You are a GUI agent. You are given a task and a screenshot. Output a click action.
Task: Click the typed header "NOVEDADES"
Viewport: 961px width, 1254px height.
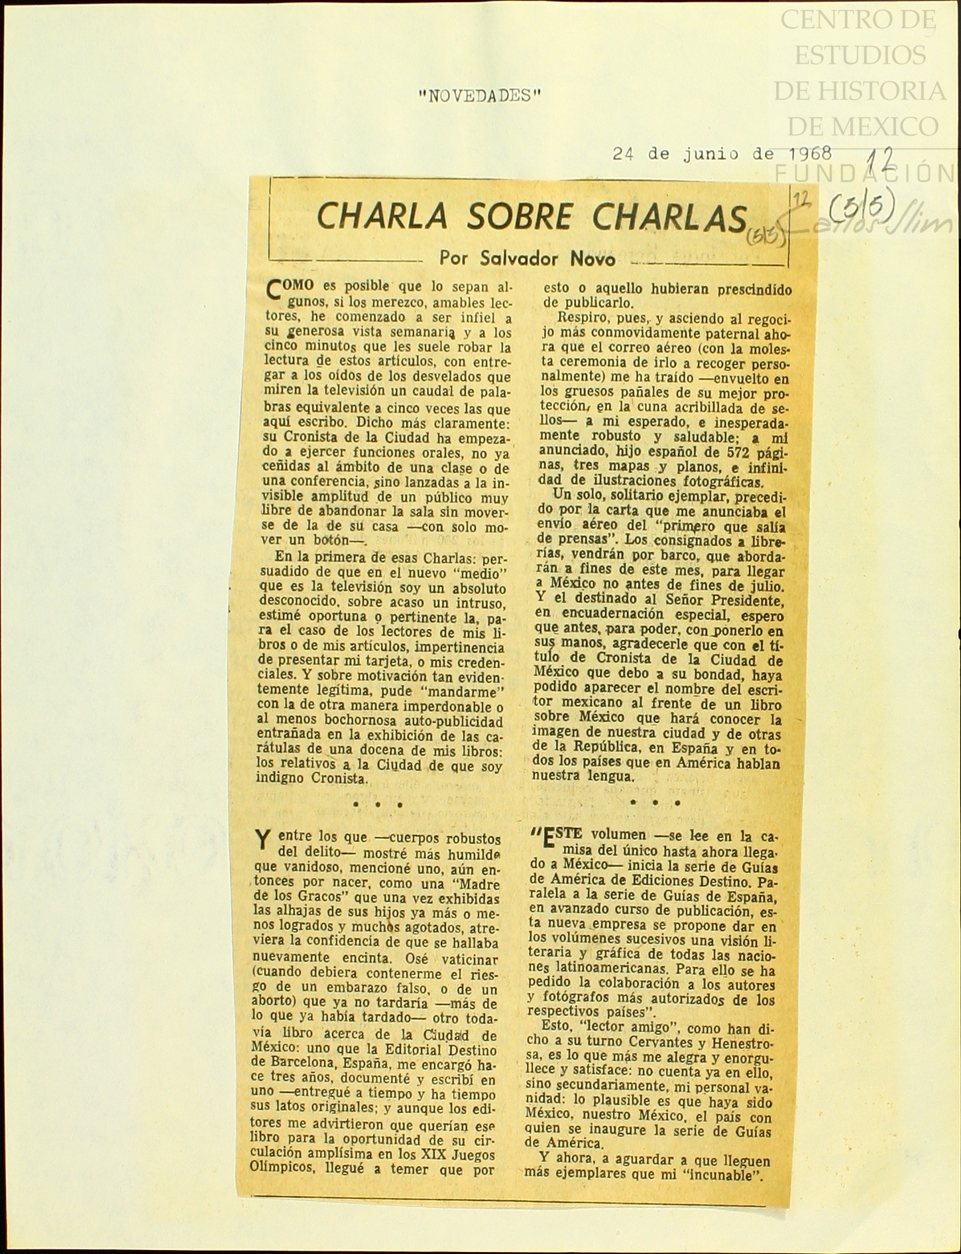(x=480, y=96)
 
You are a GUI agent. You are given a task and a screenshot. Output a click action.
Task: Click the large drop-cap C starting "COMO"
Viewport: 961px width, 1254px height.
(x=273, y=290)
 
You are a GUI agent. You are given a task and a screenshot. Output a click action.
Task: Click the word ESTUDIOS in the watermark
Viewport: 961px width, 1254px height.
(x=860, y=55)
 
